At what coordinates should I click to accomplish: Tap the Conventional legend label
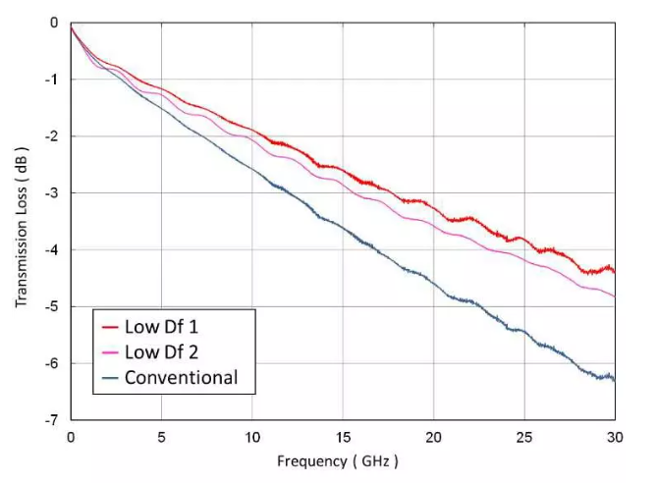pos(182,378)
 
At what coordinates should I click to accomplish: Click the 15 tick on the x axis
pos(343,435)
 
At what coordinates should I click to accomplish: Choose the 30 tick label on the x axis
pos(615,435)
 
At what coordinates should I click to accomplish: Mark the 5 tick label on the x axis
pos(161,435)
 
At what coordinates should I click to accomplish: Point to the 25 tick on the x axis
pos(524,435)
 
